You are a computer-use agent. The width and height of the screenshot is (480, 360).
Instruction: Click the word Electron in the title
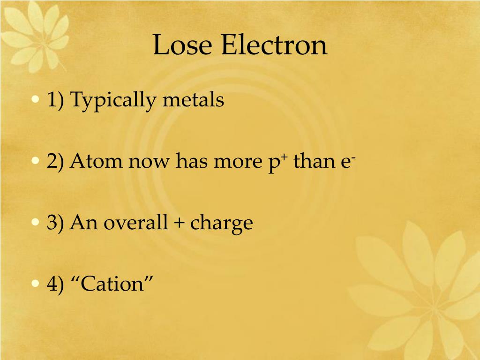click(274, 46)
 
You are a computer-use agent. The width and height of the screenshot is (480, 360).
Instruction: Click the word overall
click(135, 223)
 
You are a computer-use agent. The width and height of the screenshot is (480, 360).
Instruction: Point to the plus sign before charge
click(179, 223)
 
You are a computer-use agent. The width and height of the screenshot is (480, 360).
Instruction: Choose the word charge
click(221, 224)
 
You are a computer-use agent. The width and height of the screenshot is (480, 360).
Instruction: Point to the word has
click(192, 162)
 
